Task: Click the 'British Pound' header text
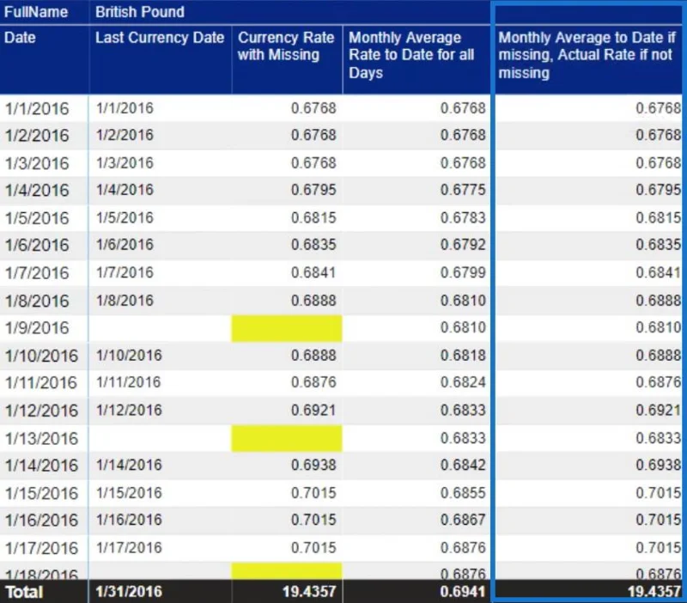click(140, 12)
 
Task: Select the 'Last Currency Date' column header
click(160, 38)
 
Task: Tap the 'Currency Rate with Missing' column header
click(286, 46)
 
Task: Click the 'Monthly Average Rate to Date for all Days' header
click(411, 55)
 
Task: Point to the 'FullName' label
click(36, 12)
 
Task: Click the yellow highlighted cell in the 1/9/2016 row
click(287, 328)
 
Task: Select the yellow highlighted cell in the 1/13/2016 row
click(287, 438)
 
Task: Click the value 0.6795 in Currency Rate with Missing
click(313, 190)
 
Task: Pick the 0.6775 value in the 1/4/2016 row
click(463, 190)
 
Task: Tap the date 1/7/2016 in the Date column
click(37, 273)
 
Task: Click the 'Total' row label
click(25, 592)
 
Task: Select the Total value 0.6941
click(463, 592)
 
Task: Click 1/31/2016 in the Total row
click(129, 592)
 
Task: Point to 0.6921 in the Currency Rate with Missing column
click(313, 411)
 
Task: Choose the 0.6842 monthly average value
click(463, 465)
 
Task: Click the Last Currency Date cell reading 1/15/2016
click(129, 493)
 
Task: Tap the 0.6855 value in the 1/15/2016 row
click(463, 493)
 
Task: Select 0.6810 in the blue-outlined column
click(659, 328)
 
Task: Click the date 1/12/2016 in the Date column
click(41, 411)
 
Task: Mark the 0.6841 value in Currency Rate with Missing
click(313, 273)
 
